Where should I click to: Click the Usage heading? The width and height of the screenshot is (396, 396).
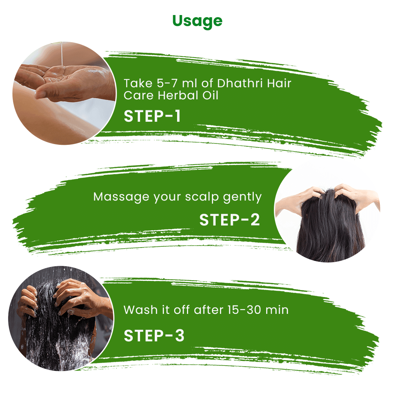pos(197,21)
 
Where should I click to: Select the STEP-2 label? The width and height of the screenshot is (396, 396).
pos(230,220)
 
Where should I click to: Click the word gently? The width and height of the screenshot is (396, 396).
pos(242,198)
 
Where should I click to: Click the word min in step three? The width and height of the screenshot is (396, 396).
pos(277,310)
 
